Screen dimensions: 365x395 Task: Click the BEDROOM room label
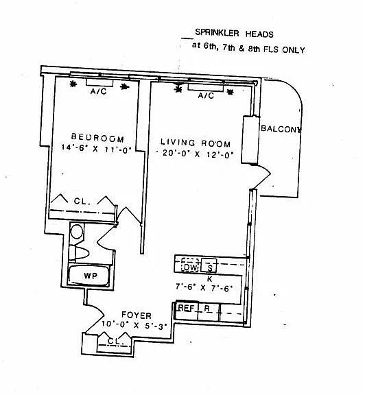[x=98, y=138]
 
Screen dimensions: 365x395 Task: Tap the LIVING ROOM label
[x=196, y=143]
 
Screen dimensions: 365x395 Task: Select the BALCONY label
[x=281, y=129]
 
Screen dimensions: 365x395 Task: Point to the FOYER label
[x=137, y=315]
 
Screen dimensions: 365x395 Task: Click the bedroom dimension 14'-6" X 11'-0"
[x=97, y=148]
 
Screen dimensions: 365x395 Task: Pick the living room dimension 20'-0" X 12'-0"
[x=196, y=154]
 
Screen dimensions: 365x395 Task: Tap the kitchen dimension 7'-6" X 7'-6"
[x=204, y=287]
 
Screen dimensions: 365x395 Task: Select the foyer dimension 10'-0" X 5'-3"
[x=134, y=325]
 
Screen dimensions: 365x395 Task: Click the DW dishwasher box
[x=190, y=265]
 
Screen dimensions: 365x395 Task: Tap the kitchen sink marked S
[x=209, y=265]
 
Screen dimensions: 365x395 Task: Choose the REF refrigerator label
[x=187, y=308]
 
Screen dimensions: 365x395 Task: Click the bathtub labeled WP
[x=89, y=276]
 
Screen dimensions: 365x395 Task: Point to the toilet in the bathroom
[x=79, y=253]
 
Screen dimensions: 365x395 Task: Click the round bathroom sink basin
[x=77, y=232]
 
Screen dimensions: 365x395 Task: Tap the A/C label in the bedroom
[x=98, y=91]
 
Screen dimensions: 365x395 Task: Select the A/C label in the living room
[x=206, y=95]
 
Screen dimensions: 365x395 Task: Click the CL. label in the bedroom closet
[x=82, y=202]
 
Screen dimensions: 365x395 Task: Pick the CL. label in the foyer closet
[x=116, y=342]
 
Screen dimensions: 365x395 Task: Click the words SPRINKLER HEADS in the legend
[x=234, y=33]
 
